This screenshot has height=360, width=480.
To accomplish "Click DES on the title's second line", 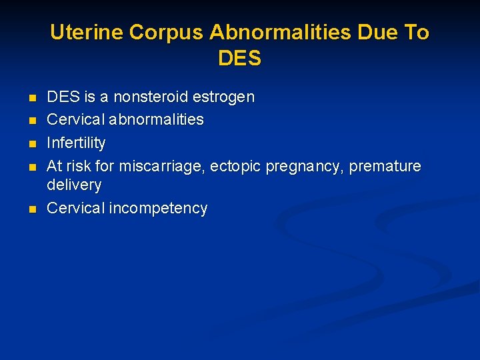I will (239, 59).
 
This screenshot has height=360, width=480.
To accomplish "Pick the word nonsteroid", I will (151, 97).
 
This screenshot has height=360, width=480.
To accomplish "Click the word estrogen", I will (223, 97).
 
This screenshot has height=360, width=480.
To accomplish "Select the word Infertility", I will (76, 143).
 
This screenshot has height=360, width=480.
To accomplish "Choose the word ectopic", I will (236, 166).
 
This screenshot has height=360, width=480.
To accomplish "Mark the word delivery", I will (74, 185).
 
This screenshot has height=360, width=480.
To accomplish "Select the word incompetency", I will (158, 209).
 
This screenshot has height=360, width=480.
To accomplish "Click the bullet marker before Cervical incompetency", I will (32, 209).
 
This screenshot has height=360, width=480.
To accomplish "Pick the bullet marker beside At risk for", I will (32, 167).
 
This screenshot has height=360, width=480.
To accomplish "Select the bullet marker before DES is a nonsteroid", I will (32, 98).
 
